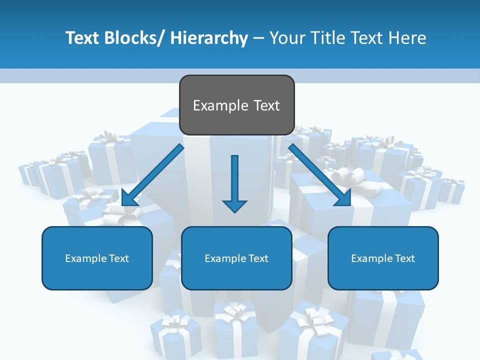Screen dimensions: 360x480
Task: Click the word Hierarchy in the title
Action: pyautogui.click(x=209, y=38)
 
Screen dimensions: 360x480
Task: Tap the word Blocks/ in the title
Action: pyautogui.click(x=132, y=38)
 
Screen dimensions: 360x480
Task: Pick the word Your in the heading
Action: pyautogui.click(x=286, y=38)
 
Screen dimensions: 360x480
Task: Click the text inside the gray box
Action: pyautogui.click(x=236, y=105)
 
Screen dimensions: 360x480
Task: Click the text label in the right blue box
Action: pyautogui.click(x=383, y=258)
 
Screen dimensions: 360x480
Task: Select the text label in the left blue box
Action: pyautogui.click(x=97, y=258)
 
